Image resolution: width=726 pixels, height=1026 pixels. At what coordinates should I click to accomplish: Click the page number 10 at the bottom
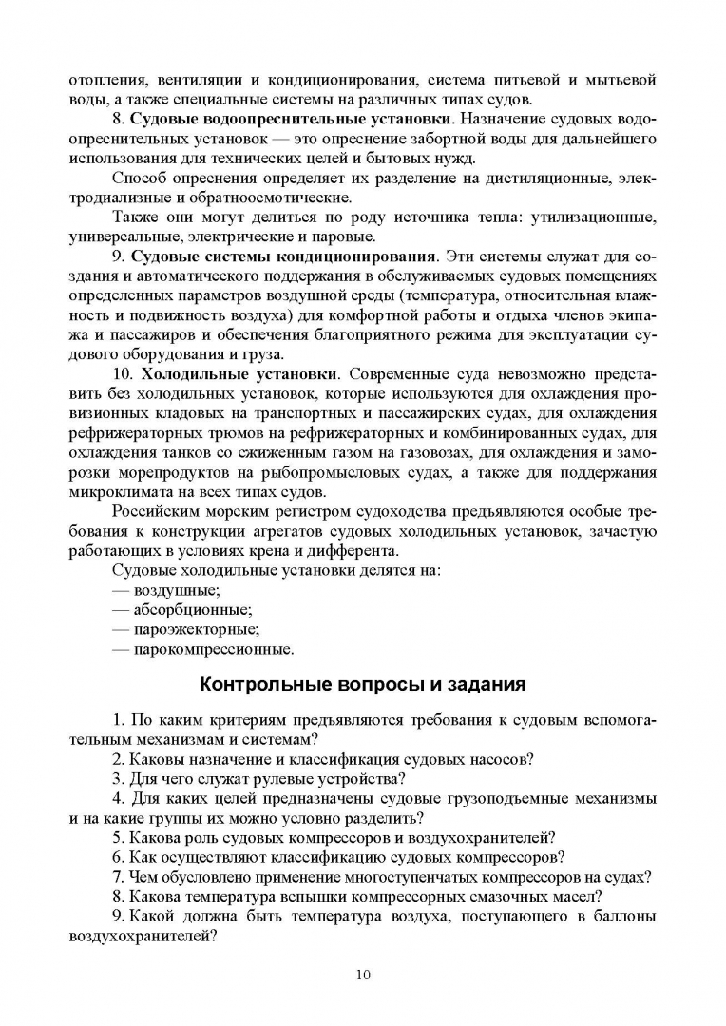363,974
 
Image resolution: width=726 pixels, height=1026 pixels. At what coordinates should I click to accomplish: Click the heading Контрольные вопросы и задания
362,684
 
